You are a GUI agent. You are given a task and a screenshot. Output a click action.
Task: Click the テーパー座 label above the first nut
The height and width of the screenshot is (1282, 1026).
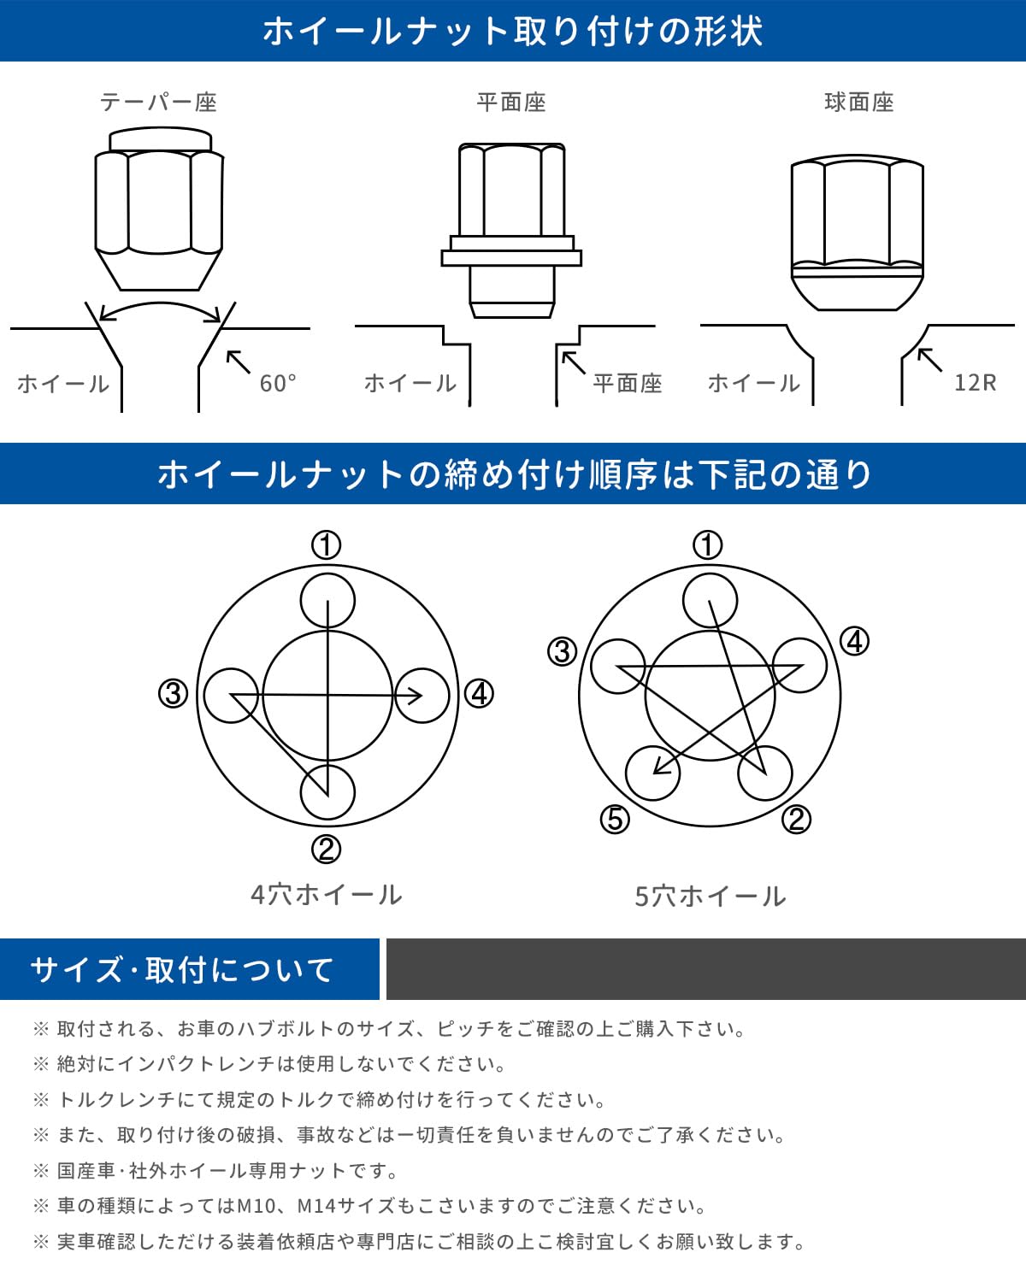[158, 103]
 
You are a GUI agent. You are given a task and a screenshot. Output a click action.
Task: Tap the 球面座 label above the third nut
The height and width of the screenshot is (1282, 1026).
[859, 103]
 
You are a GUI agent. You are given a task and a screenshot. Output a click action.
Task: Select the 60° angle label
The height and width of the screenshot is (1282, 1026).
[278, 383]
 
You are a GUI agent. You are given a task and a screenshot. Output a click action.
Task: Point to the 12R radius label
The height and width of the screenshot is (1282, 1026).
[976, 382]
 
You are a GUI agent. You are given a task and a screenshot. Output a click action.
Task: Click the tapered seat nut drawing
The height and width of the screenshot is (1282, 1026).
[159, 209]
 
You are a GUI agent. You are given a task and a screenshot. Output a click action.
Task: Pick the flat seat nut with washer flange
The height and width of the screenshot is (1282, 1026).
[511, 230]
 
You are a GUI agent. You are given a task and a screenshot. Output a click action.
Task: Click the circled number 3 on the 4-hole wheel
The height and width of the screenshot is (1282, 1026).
[173, 693]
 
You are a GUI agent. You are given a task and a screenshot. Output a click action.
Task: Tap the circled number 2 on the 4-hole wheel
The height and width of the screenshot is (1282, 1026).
[326, 849]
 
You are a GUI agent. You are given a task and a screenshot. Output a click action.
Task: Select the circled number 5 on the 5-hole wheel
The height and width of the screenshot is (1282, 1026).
[615, 819]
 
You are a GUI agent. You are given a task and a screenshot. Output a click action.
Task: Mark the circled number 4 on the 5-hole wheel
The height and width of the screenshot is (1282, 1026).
[854, 642]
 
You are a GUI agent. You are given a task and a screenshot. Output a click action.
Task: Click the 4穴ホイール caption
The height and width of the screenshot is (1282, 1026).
[326, 894]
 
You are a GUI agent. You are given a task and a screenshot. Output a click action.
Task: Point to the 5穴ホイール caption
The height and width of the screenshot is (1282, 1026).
[710, 896]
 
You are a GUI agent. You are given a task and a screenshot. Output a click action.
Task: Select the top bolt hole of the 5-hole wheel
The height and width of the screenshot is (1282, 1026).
[710, 601]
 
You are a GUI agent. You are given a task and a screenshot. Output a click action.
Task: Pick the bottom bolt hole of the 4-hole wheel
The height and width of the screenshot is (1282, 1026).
[327, 792]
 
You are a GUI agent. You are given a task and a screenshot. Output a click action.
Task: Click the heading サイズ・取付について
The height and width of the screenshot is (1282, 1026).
[182, 970]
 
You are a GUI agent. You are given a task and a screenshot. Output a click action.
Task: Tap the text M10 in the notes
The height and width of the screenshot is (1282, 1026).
[256, 1206]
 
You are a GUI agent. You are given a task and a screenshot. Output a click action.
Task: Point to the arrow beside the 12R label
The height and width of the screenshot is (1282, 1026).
[929, 360]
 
